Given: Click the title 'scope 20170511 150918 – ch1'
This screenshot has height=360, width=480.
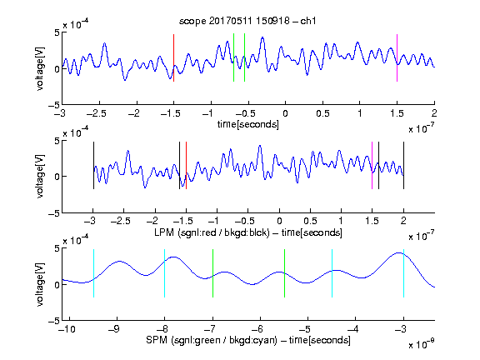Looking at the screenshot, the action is tap(247, 21).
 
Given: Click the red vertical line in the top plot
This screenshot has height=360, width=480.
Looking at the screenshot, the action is tap(174, 57).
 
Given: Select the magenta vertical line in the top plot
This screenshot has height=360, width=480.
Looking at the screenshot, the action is tap(397, 57).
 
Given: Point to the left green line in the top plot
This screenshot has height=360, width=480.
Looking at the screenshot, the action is tap(233, 57).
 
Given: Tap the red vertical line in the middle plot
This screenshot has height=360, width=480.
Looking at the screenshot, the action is tap(186, 165).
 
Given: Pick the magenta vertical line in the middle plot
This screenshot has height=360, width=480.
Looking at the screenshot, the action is tap(372, 165).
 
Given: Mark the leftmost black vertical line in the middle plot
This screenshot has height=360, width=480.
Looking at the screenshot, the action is tap(93, 165).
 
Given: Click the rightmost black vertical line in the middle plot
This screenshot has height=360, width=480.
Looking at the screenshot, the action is tap(403, 165).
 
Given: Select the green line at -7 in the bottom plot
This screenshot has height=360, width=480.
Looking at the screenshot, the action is tap(212, 273).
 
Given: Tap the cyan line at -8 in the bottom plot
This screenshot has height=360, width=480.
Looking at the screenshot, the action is tap(165, 273).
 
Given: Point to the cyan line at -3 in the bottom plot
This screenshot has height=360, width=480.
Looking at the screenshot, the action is tap(403, 273).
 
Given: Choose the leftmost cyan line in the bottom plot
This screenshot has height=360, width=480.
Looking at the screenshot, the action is tap(93, 273).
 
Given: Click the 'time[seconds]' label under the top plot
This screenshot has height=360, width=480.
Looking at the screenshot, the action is tap(248, 124).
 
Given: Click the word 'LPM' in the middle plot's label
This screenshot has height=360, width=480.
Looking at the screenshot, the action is tap(164, 232).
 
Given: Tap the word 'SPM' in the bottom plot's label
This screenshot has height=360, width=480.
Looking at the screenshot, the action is tap(157, 340).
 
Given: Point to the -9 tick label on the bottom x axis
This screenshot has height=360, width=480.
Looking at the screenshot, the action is tap(115, 329).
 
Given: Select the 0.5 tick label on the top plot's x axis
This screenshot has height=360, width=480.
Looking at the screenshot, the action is tap(322, 113).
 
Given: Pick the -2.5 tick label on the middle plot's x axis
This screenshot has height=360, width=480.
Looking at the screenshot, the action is tap(121, 221).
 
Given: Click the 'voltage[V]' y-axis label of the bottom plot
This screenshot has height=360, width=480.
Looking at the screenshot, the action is tap(40, 284).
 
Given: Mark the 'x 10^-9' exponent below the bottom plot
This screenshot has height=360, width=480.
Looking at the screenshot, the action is tap(421, 344).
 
